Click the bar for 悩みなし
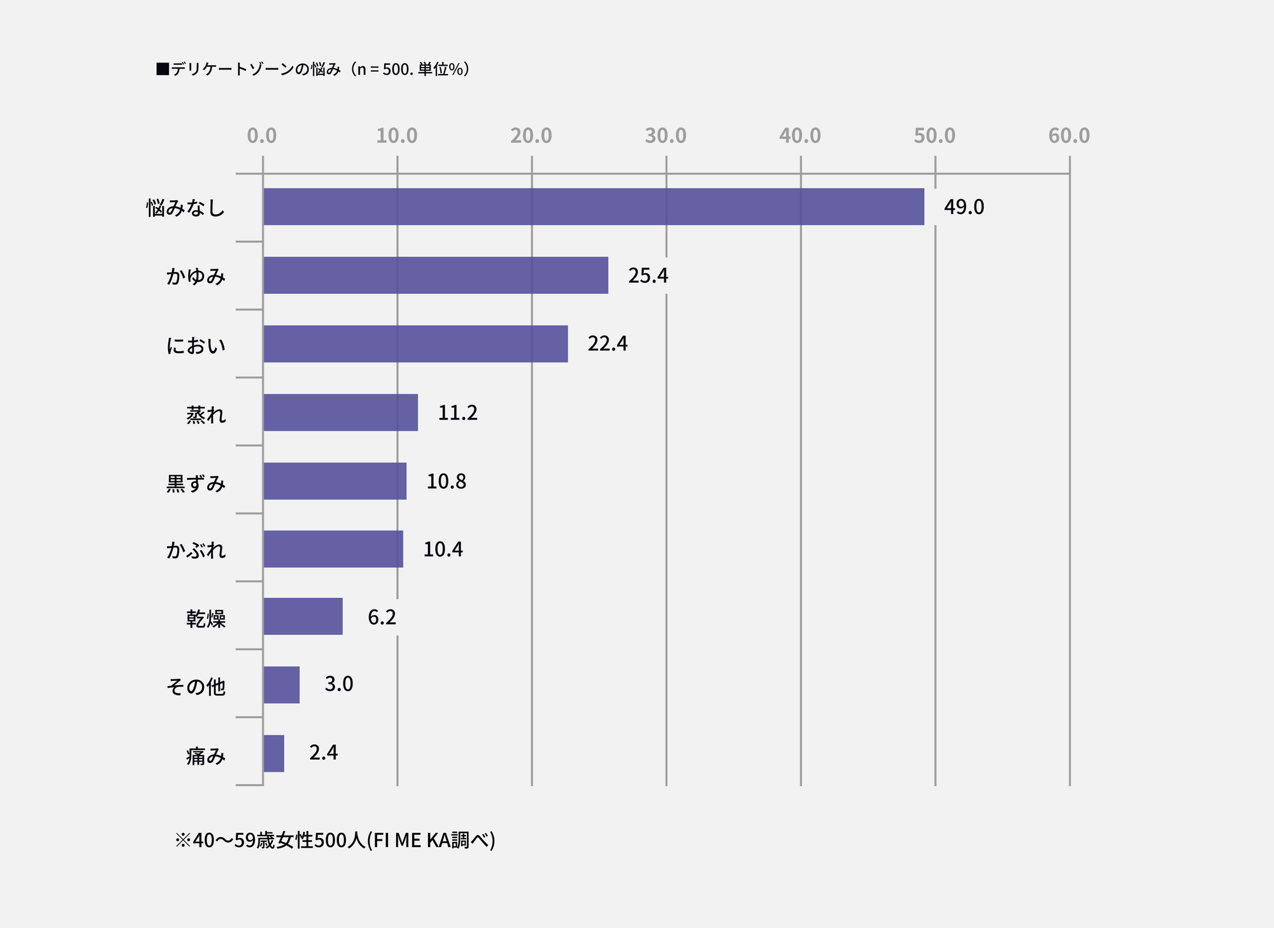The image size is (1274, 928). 594,207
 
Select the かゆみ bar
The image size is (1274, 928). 436,275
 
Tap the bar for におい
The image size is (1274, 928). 415,344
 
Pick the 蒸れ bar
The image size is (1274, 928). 341,412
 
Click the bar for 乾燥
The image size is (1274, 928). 303,616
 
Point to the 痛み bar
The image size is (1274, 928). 274,753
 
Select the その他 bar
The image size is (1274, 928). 282,685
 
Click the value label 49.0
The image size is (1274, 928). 964,207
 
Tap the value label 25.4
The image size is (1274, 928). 648,275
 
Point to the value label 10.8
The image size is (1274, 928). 446,481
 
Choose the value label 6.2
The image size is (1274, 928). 382,617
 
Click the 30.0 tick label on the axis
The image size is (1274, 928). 666,136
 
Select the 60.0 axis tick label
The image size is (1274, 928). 1069,136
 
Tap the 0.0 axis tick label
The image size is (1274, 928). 262,136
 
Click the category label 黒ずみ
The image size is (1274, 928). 196,484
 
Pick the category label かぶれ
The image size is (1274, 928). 196,550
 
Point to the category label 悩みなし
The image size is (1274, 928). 185,208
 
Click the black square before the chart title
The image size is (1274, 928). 162,69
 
